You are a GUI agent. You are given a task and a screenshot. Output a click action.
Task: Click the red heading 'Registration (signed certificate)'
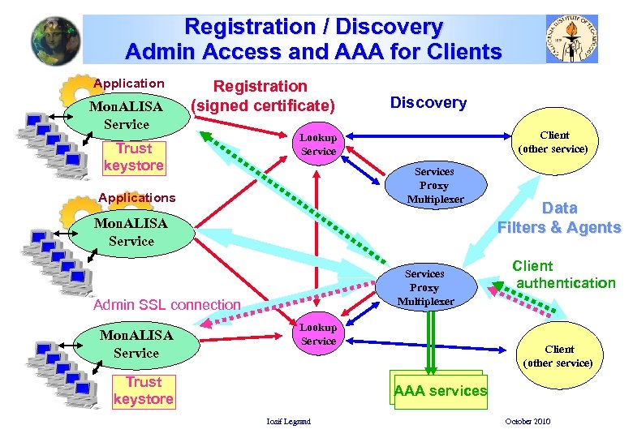click(261, 96)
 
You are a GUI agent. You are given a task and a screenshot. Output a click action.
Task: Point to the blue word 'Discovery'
click(428, 102)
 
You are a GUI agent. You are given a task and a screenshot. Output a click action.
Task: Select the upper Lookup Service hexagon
click(318, 145)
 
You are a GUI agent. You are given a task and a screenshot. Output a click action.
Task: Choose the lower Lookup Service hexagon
click(318, 334)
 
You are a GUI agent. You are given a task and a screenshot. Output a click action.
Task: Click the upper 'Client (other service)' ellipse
click(555, 142)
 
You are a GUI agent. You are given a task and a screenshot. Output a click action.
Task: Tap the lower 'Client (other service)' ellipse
click(558, 356)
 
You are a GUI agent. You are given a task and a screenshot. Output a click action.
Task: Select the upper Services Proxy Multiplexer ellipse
click(435, 185)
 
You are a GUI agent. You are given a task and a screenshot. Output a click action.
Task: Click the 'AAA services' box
click(440, 391)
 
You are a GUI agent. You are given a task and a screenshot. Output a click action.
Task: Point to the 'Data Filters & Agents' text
click(559, 217)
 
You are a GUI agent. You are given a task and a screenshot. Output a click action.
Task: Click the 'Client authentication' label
click(565, 274)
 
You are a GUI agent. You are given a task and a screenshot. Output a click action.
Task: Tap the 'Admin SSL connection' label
click(167, 305)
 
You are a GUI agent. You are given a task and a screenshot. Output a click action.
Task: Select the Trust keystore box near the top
click(134, 157)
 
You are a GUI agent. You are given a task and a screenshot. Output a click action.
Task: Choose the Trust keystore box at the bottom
click(144, 390)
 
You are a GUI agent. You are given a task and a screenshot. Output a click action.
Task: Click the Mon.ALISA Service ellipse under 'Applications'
click(131, 232)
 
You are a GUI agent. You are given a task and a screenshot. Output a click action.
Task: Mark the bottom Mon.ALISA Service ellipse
click(136, 344)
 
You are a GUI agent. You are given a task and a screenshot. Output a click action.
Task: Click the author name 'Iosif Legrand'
click(289, 421)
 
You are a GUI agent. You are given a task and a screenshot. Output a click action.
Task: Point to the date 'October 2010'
click(527, 421)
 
